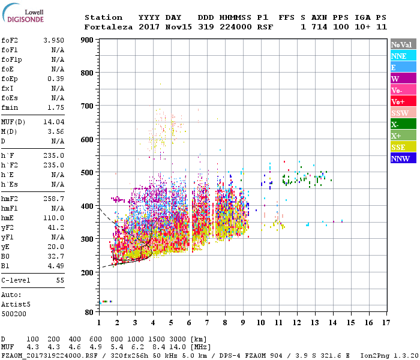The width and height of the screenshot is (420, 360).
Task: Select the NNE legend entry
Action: pos(403,56)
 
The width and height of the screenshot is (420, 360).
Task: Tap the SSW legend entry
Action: pos(403,113)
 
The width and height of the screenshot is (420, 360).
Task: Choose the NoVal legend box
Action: pos(403,44)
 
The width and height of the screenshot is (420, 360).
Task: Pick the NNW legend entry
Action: pos(403,158)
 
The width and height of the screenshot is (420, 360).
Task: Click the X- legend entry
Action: pos(403,124)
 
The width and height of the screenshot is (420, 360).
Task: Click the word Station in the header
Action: pos(103,17)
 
